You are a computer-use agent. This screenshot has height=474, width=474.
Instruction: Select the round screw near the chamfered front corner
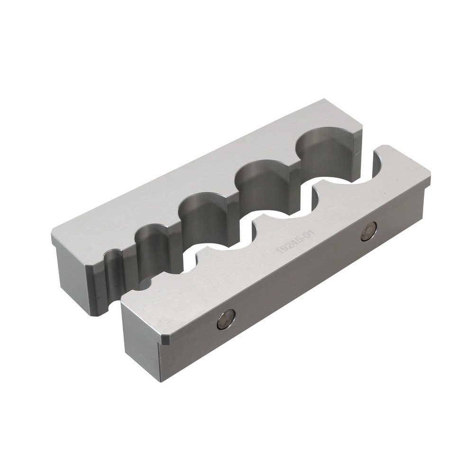pos(226,319)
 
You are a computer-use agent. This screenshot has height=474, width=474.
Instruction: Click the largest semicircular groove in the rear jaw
pos(326,152)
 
